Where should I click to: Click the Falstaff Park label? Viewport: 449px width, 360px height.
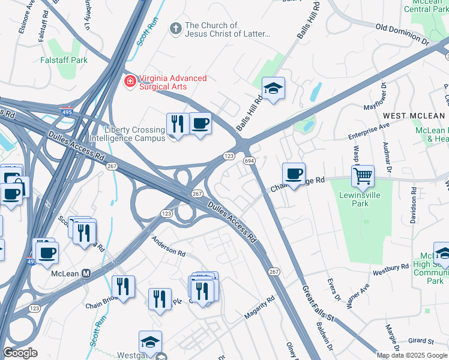pyautogui.click(x=64, y=60)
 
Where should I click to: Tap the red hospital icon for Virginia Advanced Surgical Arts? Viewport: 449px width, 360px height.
pyautogui.click(x=129, y=81)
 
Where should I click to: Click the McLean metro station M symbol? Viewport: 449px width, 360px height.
pyautogui.click(x=86, y=274)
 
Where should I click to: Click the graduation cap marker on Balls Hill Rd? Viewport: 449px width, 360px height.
pyautogui.click(x=274, y=89)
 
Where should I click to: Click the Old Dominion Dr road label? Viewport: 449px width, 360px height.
pyautogui.click(x=402, y=35)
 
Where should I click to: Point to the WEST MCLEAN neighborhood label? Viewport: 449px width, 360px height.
pyautogui.click(x=414, y=115)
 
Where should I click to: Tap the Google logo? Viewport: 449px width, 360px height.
pyautogui.click(x=20, y=353)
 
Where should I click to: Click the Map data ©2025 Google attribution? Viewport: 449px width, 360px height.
pyautogui.click(x=412, y=355)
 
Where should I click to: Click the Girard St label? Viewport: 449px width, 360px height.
pyautogui.click(x=420, y=341)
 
